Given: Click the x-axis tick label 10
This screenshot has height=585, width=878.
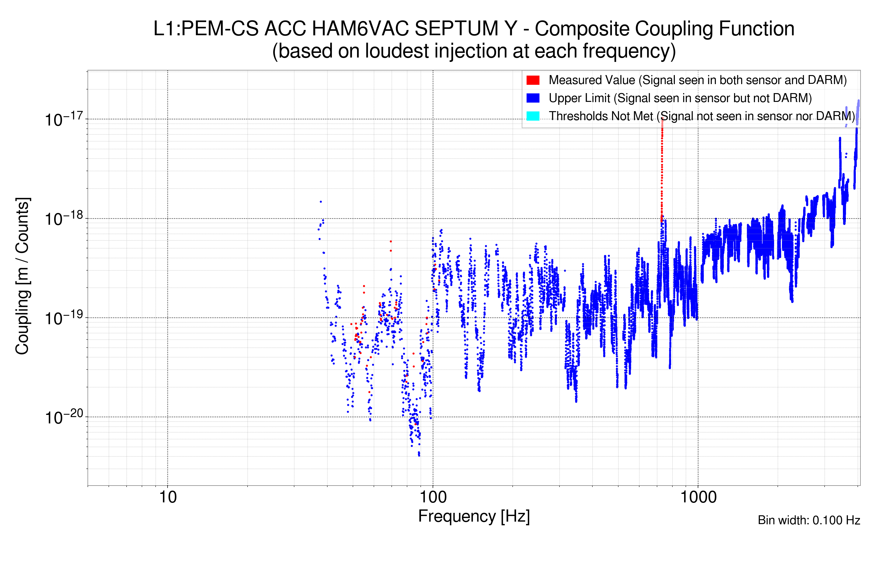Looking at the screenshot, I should point(168,497).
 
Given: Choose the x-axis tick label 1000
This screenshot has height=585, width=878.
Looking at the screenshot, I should point(698,497).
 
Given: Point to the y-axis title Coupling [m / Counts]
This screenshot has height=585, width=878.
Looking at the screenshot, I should point(22,276).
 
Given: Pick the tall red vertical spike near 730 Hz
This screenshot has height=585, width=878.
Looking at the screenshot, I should point(662,168).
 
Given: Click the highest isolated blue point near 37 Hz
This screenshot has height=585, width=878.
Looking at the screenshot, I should point(321,202).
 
